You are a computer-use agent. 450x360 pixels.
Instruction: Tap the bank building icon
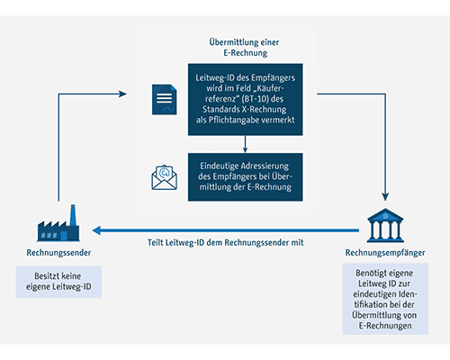tap(385, 225)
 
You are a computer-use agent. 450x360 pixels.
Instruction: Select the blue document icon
tap(165, 100)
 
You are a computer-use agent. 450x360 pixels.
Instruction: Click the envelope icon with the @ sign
tap(165, 177)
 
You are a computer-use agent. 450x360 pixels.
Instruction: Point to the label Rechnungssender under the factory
tap(58, 253)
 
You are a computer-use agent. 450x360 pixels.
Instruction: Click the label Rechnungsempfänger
tap(385, 253)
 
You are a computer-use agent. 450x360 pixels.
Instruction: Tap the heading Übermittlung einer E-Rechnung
tap(245, 48)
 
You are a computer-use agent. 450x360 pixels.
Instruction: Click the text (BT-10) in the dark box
tap(255, 99)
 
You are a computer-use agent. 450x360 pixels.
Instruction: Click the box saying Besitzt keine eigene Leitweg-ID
tap(58, 282)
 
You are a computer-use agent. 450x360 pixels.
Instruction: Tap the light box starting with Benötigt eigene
tap(385, 299)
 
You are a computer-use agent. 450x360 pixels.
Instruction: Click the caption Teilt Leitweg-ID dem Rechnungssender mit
tap(226, 242)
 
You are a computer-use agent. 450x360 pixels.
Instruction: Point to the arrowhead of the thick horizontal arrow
tap(96, 230)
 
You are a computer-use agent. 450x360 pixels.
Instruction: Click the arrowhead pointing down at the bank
tap(385, 197)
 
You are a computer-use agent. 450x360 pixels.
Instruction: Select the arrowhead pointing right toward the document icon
tap(122, 94)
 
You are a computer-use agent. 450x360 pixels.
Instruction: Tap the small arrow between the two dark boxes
tap(245, 144)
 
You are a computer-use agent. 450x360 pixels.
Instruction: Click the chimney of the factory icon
tap(73, 215)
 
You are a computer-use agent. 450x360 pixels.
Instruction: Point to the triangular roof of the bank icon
tap(385, 215)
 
